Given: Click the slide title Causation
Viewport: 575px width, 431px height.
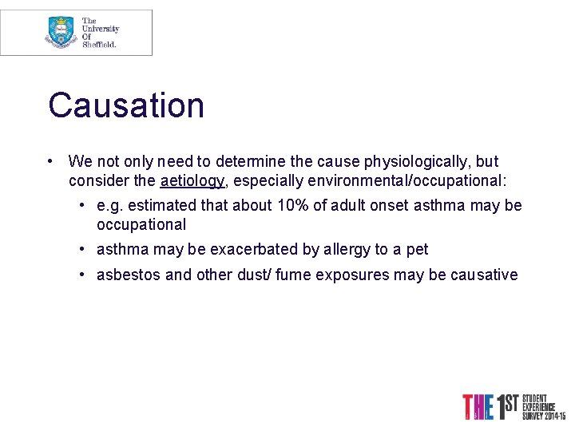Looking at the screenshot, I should pos(126,105).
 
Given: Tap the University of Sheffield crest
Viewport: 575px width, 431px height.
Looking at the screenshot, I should pos(61,32).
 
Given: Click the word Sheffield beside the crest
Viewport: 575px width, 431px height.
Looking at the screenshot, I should pos(100,45).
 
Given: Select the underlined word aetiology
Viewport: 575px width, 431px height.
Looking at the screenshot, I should pos(192,180).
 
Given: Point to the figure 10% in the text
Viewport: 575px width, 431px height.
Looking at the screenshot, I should pos(292,205).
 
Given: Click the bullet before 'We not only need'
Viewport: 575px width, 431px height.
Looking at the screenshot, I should pos(50,161).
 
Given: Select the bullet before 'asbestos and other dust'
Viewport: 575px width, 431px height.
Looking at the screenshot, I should pos(82,275).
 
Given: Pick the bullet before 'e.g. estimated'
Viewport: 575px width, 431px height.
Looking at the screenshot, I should pos(82,205).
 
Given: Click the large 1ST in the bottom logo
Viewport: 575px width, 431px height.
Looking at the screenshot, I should pos(504,406).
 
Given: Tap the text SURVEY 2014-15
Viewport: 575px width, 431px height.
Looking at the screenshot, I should pos(544,416).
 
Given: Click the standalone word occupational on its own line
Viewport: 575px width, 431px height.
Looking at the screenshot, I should pos(141,224).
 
